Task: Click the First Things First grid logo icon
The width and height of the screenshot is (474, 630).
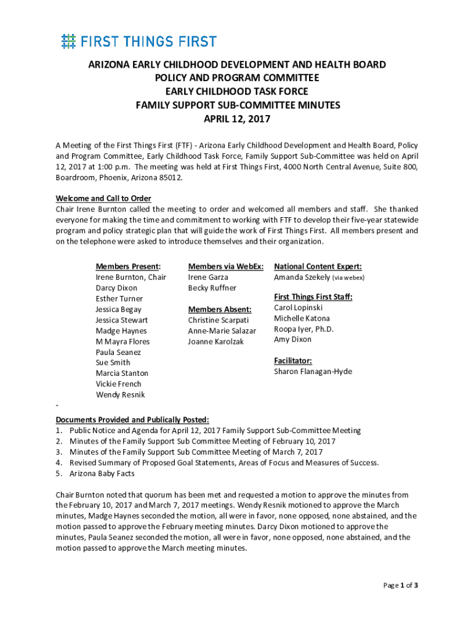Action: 68,41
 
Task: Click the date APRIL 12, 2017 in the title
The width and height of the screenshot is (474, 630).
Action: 237,119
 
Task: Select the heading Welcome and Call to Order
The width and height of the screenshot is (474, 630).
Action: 103,199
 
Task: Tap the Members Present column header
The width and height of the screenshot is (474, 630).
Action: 128,266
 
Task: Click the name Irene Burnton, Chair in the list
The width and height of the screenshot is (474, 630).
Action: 131,277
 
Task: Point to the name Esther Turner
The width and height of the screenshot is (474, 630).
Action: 119,299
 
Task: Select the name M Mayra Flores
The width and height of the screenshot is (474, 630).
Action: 123,341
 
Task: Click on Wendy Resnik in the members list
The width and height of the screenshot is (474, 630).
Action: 120,394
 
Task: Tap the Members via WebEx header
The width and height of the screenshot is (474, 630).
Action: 226,266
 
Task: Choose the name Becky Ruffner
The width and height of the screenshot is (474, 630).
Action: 212,288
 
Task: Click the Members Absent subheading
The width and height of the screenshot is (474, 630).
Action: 219,309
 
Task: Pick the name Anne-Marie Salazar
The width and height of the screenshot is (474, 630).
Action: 222,331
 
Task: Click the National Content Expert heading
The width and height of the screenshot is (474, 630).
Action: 318,266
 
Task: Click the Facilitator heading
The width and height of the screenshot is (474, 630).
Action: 292,361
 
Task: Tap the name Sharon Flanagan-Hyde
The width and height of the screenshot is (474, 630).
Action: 313,372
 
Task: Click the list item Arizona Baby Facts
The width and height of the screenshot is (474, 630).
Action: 102,474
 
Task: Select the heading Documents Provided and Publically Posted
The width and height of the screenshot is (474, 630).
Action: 132,420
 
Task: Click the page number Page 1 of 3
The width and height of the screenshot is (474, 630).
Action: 400,585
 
